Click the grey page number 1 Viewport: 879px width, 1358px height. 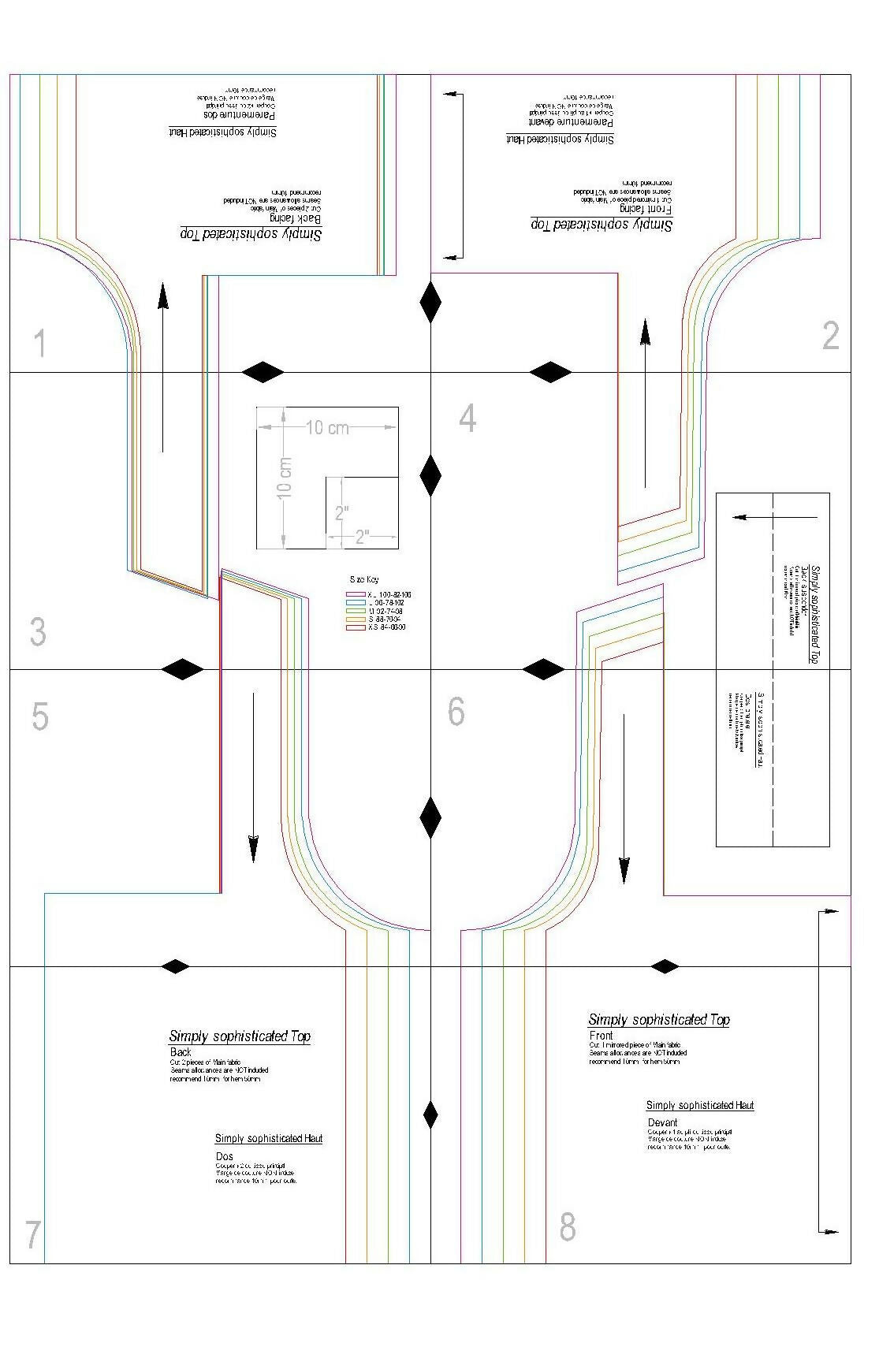pos(39,344)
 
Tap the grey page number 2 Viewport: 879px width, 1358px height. pos(830,337)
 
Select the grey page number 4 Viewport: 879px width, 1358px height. pos(467,419)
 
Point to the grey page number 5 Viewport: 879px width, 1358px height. pos(39,716)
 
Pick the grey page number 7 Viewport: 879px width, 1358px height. pos(33,1234)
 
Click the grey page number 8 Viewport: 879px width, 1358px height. pos(568,1227)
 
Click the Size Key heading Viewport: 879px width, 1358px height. pos(364,580)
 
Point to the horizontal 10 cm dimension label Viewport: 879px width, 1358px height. pos(327,428)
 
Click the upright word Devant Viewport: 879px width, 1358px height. pos(662,1122)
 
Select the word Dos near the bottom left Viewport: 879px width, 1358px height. pos(224,1156)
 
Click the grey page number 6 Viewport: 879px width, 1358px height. pos(456,712)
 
